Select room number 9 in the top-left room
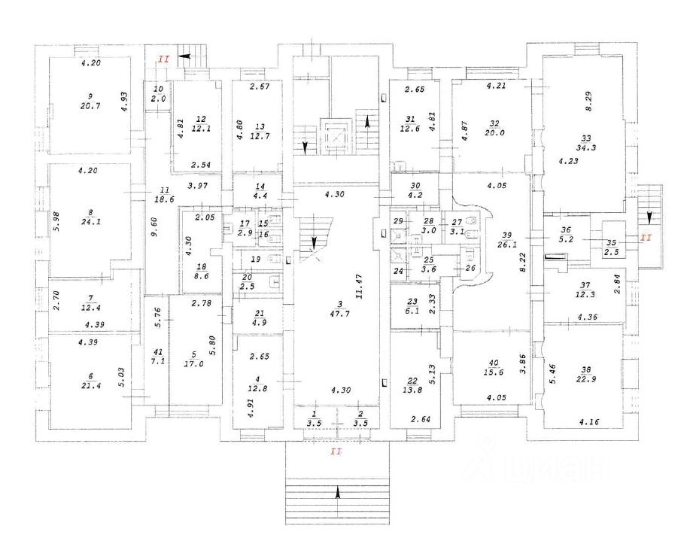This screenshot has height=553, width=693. (90, 96)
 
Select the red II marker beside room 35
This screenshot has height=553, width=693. (646, 238)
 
